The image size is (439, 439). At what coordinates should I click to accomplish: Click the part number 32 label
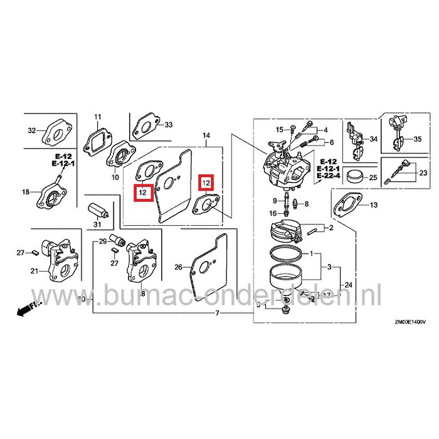tap(33, 131)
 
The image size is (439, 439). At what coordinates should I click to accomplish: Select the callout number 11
tap(97, 117)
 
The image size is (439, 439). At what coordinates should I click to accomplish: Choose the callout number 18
tap(26, 192)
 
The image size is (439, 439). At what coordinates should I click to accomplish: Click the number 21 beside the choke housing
tap(33, 271)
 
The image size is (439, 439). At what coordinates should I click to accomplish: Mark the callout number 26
tap(178, 267)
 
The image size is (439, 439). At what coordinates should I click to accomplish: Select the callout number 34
tap(373, 139)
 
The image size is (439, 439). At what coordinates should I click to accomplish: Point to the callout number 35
tap(418, 139)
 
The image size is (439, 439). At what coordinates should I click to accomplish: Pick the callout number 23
tap(423, 172)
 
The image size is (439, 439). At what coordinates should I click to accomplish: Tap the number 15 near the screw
tap(280, 129)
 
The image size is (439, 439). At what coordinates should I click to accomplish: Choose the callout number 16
tap(273, 214)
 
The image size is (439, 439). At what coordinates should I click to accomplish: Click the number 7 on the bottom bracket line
tap(217, 312)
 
